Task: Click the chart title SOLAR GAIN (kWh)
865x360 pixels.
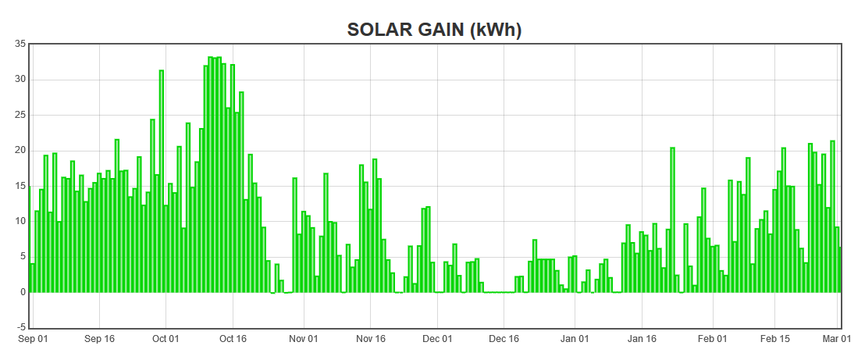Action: tap(434, 30)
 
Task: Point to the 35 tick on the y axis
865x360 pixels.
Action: tap(21, 44)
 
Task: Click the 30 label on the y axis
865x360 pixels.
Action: tap(21, 79)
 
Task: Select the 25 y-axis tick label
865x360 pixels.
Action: tap(21, 115)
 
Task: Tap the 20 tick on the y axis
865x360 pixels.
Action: tap(21, 150)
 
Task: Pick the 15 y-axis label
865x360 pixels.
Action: tap(21, 186)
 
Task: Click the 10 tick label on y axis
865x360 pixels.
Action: tap(21, 221)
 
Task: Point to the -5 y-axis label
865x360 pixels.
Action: tap(21, 327)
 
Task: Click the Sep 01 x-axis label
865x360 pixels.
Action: tap(33, 339)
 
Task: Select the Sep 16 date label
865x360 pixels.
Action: tap(99, 339)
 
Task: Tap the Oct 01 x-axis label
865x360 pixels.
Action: tap(166, 339)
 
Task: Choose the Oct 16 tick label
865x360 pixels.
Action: tap(233, 339)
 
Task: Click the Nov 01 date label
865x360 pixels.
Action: tap(304, 339)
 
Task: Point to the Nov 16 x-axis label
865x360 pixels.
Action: tap(371, 339)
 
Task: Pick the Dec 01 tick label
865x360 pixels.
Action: tap(437, 339)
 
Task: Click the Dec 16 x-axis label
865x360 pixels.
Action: tap(504, 339)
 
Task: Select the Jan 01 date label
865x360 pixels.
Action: tap(575, 339)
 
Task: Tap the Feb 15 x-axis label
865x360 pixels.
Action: tap(774, 339)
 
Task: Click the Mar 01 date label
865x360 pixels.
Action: tap(836, 339)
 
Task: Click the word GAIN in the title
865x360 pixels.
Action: tap(437, 30)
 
